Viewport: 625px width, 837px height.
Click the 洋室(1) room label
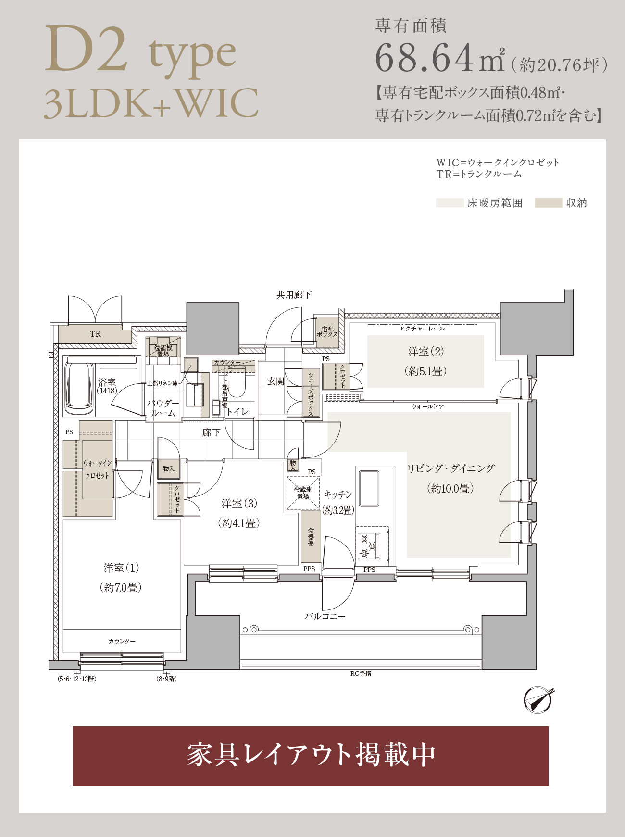click(x=122, y=568)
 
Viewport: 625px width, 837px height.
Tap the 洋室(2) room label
click(x=426, y=352)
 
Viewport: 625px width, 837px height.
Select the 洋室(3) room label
click(x=239, y=504)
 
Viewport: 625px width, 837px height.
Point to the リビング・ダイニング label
click(x=450, y=469)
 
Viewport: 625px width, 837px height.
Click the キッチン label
click(x=338, y=495)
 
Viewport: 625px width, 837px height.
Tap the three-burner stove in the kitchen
click(x=369, y=546)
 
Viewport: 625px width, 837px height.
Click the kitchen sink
click(x=369, y=488)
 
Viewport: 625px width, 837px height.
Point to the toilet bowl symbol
click(x=237, y=382)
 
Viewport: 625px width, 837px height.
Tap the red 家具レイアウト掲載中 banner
click(x=311, y=756)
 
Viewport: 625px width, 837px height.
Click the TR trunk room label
click(x=95, y=334)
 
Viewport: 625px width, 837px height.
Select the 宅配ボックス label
click(x=327, y=332)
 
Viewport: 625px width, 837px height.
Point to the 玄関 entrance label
click(x=275, y=381)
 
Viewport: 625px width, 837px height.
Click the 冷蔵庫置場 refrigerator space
click(x=303, y=493)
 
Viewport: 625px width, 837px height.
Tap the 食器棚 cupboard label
click(x=311, y=537)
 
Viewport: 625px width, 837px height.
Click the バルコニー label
click(x=325, y=616)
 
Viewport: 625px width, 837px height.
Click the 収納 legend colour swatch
click(x=549, y=203)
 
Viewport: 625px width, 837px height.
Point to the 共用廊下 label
click(x=294, y=295)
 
